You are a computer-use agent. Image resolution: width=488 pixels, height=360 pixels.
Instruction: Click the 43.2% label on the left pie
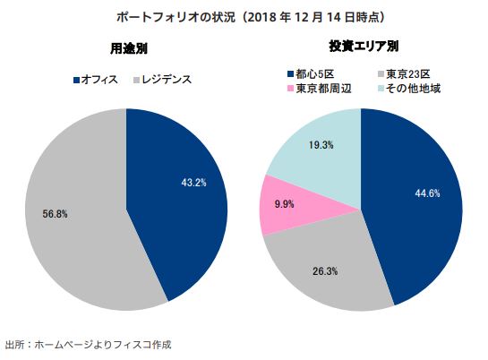click(194, 183)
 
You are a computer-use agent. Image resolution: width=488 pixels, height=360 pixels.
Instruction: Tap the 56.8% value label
click(56, 214)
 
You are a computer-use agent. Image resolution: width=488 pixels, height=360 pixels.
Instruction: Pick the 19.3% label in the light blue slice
click(321, 144)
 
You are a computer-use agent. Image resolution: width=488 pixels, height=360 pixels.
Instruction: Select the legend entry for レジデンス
click(166, 80)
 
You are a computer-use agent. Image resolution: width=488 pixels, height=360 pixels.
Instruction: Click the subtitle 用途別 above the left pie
click(123, 47)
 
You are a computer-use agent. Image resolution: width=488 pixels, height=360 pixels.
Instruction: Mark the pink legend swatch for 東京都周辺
click(289, 88)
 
